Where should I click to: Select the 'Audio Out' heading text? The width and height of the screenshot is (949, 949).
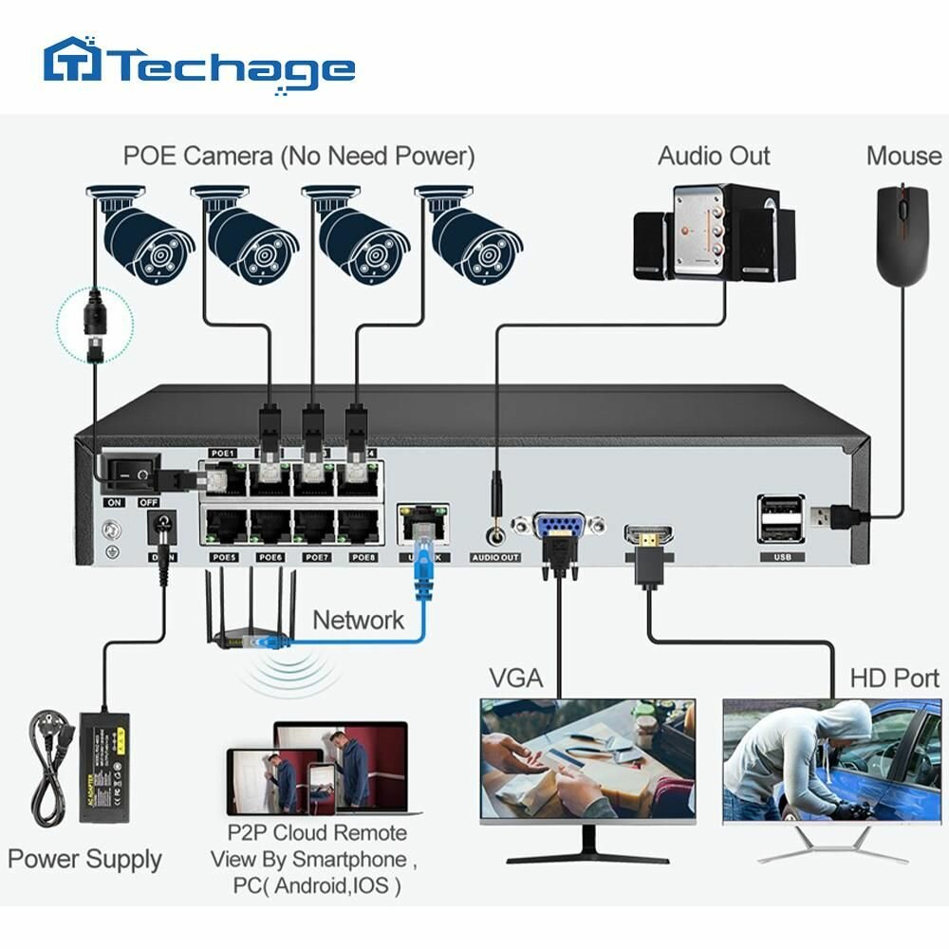(714, 156)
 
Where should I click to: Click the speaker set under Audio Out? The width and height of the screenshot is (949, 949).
(714, 233)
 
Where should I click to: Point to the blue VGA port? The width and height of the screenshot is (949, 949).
(557, 528)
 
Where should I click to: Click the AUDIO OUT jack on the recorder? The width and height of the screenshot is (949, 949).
(494, 535)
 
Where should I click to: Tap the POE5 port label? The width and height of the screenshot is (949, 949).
(224, 558)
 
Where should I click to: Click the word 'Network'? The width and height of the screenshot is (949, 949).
(358, 621)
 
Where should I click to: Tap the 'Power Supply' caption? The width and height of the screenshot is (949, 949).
(84, 860)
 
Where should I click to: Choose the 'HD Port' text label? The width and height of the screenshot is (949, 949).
(893, 678)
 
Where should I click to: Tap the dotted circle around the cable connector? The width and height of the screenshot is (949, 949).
(94, 324)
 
